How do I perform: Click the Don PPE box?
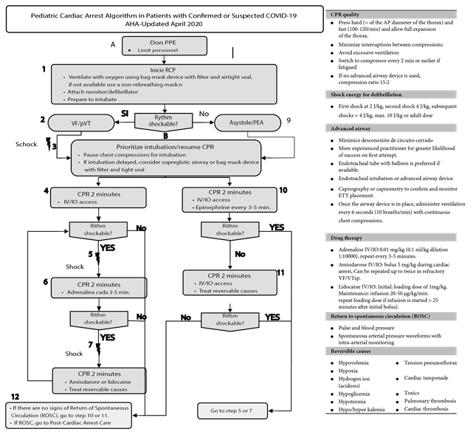point(164,46)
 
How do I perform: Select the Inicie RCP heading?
point(164,69)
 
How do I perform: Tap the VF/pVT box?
point(81,123)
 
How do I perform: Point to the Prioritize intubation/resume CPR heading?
point(165,146)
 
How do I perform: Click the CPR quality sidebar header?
point(391,15)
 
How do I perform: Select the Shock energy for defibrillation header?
point(391,95)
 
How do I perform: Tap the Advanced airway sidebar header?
point(391,128)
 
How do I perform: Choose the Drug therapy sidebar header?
point(391,238)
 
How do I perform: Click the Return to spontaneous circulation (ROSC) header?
point(391,317)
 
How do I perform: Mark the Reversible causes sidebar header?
point(391,351)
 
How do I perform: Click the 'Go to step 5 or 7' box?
point(232,410)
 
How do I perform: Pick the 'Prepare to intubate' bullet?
point(97,99)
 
